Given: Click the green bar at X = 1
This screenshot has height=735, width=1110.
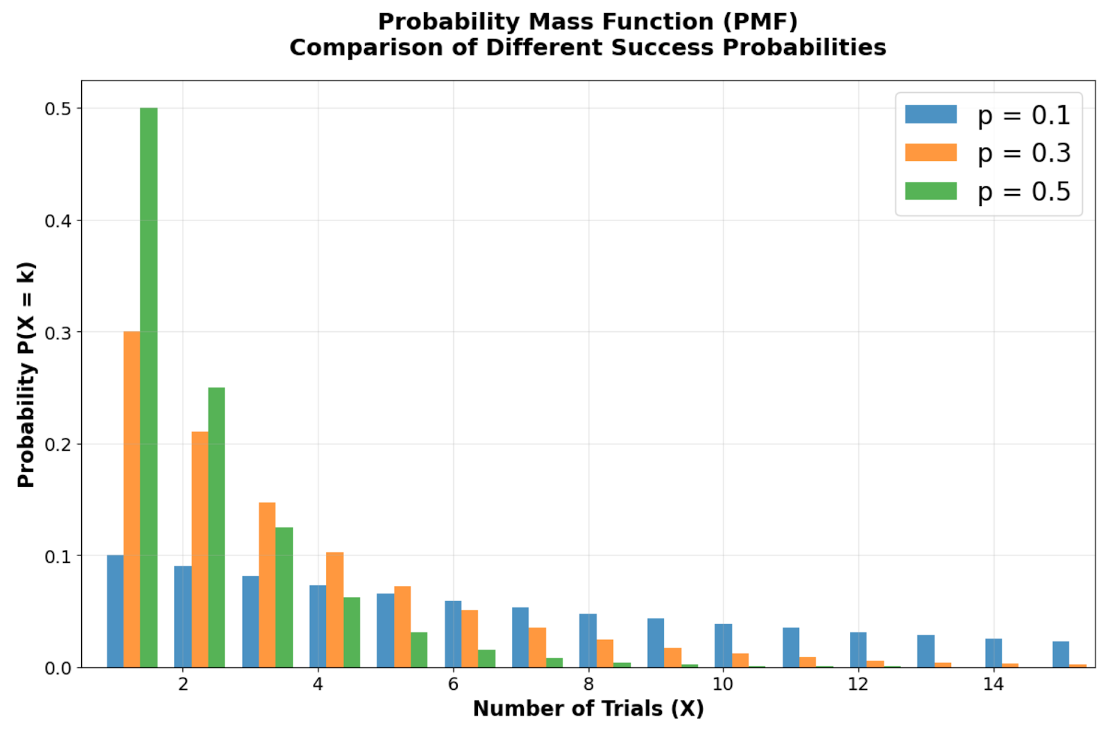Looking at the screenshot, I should [148, 388].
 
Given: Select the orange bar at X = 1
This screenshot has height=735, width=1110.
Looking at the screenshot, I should [132, 499].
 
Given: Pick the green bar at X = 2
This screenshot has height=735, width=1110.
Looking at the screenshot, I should [216, 527].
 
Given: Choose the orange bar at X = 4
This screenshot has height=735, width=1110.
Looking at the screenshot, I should [335, 609].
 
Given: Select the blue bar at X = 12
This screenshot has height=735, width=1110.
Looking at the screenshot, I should [858, 650].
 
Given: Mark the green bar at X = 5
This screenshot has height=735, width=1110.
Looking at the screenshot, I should [419, 650].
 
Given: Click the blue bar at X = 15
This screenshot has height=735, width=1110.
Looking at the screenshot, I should [1061, 655].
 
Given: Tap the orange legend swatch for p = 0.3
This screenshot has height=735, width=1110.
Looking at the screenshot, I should [931, 153].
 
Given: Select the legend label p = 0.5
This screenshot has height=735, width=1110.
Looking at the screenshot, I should [1023, 192].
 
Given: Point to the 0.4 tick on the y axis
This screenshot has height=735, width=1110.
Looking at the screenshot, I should [59, 221].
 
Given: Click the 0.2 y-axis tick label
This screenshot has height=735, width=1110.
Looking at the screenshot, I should [59, 444].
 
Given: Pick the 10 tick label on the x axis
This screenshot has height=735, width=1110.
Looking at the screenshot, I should [723, 684].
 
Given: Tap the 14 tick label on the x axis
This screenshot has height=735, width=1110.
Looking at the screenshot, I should [993, 684].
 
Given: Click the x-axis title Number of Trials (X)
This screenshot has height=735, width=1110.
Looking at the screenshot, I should [588, 709].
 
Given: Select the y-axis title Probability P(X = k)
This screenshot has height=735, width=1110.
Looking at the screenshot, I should [26, 374].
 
